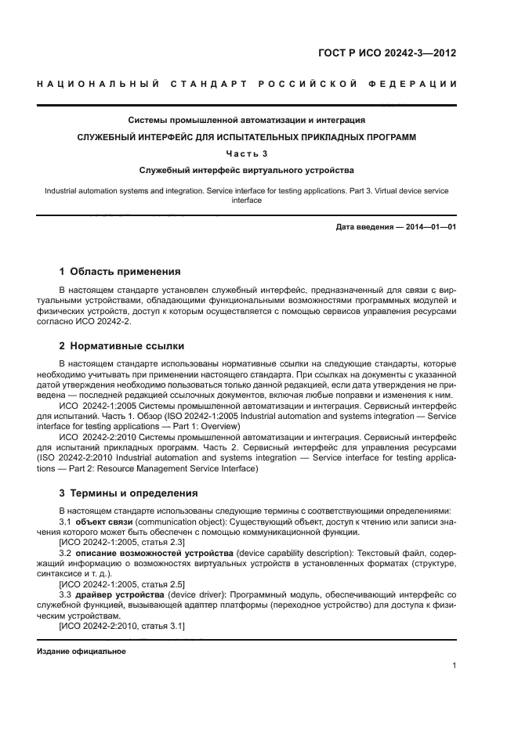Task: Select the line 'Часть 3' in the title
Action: [247, 153]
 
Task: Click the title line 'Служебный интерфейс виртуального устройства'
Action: [247, 169]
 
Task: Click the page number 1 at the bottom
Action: [454, 666]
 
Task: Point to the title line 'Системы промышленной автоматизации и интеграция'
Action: [247, 121]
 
